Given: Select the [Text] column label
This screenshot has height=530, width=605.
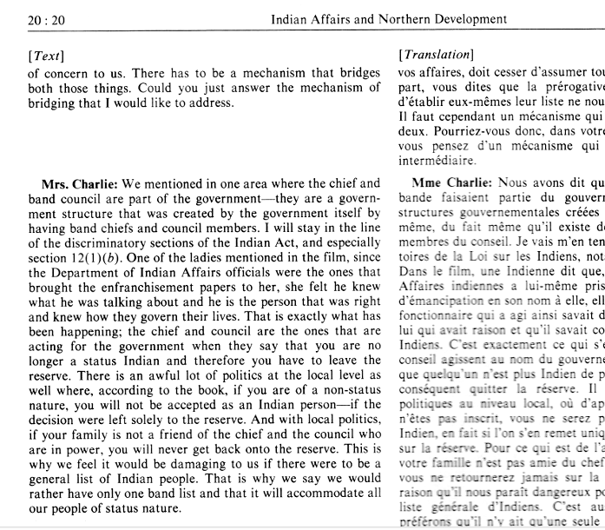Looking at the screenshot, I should (x=45, y=56).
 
